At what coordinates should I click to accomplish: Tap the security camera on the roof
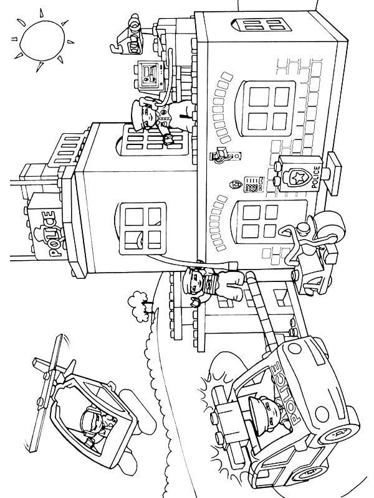128,35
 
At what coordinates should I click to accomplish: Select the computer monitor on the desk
150,75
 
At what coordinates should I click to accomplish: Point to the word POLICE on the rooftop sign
49,234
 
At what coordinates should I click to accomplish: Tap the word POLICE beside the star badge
317,177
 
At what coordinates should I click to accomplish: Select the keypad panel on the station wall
254,184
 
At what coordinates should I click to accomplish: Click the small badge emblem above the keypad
236,184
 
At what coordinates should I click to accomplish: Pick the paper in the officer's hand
168,139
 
